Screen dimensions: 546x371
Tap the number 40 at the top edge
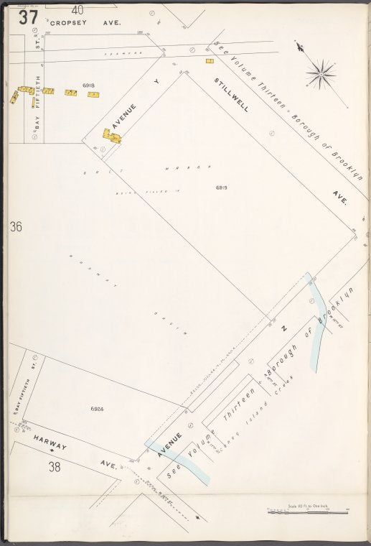78,9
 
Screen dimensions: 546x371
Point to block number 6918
89,85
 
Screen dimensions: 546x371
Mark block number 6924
98,409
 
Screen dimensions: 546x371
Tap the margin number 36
16,227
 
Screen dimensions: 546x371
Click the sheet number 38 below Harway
55,468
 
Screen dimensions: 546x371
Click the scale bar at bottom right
307,512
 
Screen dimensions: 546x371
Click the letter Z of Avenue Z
283,329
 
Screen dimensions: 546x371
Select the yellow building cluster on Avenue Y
111,136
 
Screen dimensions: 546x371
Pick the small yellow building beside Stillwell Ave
210,61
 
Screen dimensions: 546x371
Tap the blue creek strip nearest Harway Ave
179,463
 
